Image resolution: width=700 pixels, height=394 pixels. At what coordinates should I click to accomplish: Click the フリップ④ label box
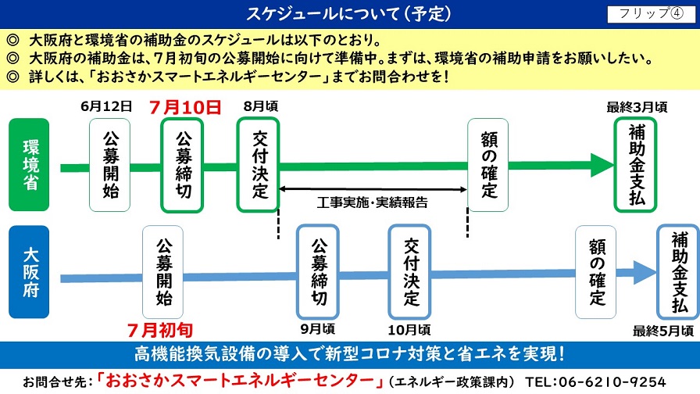651,14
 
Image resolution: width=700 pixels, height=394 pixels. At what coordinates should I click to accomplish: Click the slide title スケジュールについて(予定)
348,14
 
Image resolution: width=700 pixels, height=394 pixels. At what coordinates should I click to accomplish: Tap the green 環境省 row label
29,164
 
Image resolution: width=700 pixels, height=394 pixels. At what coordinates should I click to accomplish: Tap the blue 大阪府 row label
29,271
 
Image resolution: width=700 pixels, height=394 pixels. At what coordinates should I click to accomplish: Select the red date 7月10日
185,107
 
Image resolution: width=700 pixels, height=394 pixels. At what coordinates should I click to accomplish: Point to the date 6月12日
106,106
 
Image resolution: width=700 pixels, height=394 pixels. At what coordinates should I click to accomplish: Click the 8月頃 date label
261,106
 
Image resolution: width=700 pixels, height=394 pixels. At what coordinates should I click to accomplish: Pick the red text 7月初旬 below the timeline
160,330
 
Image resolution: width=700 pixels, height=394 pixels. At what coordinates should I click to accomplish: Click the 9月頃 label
317,329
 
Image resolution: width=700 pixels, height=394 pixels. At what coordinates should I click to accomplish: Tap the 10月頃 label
409,330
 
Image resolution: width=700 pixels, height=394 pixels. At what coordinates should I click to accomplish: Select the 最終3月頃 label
637,107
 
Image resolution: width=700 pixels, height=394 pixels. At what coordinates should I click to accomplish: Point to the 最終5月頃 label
663,331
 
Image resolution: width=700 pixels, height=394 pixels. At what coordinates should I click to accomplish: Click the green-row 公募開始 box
110,165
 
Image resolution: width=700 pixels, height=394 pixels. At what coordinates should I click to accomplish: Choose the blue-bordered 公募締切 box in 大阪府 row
318,271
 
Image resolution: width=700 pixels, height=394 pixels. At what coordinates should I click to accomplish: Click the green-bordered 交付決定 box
258,164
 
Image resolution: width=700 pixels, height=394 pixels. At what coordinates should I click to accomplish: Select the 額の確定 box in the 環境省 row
488,165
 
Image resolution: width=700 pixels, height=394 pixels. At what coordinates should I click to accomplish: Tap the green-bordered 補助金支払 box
635,164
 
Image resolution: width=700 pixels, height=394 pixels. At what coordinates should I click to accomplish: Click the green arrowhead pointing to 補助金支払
602,165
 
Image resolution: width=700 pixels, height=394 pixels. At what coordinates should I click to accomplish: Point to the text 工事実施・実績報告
373,202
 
